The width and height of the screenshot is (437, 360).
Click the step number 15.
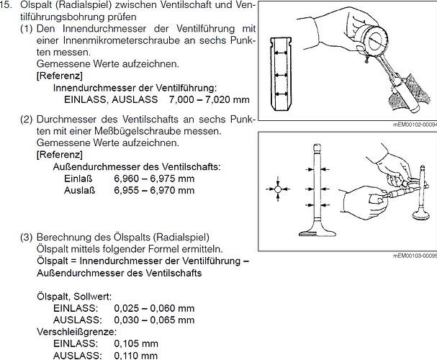tap(6, 5)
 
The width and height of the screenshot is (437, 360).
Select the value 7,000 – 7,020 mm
tap(209, 99)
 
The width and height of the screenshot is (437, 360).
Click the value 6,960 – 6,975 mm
tap(154, 179)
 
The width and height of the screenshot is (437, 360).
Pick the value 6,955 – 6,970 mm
tap(154, 190)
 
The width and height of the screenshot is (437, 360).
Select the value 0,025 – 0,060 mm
tap(154, 308)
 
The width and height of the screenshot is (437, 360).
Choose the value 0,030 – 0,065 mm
tap(154, 320)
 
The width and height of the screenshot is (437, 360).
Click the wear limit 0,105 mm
tap(136, 343)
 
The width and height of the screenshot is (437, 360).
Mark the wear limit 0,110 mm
tap(136, 355)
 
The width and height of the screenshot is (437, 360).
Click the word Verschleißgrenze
tap(76, 332)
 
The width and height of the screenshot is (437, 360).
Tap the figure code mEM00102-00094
tap(415, 125)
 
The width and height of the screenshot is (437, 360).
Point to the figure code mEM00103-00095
tap(415, 256)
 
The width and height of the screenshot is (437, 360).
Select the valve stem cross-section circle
tap(278, 189)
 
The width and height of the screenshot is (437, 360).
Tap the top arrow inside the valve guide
tap(281, 53)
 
